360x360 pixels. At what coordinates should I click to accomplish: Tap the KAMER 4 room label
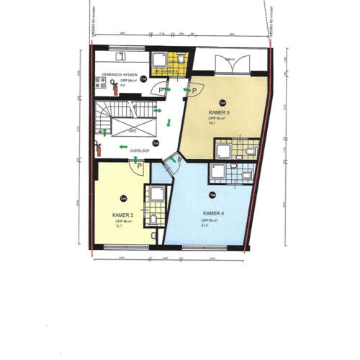214,214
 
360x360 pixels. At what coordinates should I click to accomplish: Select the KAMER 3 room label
122,215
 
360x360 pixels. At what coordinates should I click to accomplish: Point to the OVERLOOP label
139,150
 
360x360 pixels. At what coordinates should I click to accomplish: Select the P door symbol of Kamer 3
137,165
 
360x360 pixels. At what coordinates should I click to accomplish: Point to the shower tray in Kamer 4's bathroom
216,171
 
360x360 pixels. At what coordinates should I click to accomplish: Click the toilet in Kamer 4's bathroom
247,174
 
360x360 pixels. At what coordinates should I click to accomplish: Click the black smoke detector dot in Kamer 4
211,194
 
